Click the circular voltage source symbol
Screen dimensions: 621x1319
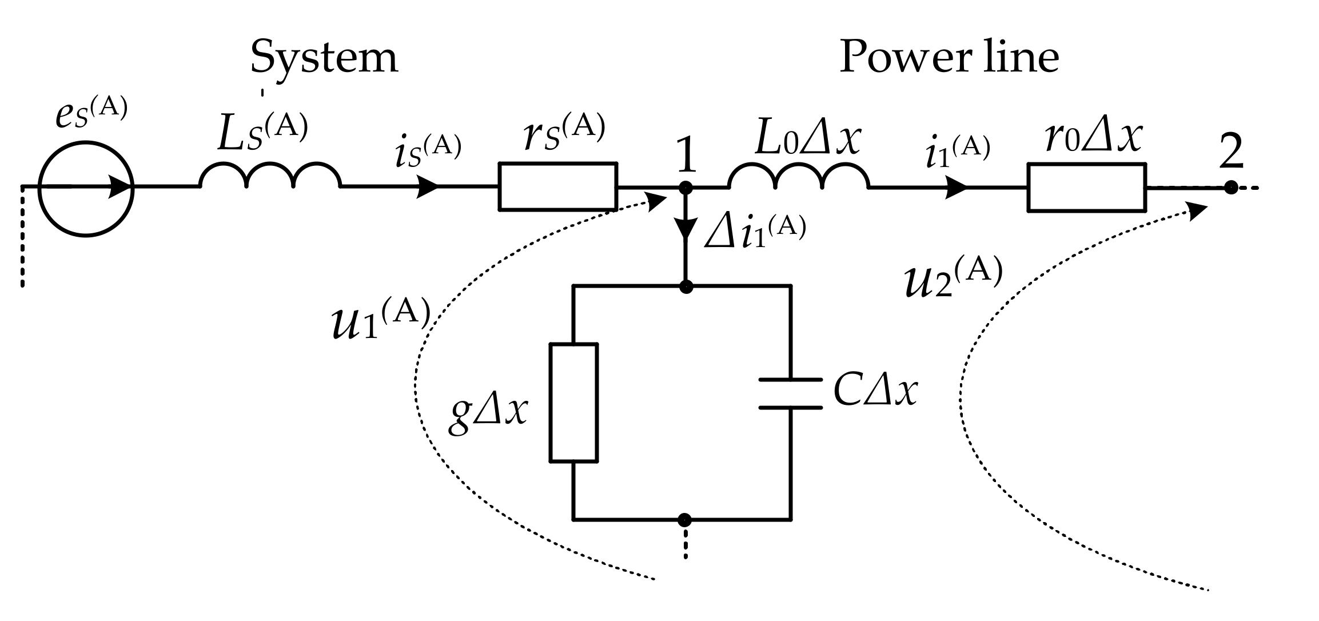[x=86, y=188]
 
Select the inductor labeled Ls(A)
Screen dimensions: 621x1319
[x=270, y=176]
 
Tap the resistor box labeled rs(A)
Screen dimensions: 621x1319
[x=557, y=186]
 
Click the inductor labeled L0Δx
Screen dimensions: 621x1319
[x=799, y=176]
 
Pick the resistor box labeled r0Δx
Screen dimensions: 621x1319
[x=1086, y=188]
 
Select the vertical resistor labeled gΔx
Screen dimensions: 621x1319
[x=573, y=402]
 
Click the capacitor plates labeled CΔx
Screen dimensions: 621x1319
[x=791, y=393]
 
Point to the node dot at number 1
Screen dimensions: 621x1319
[x=686, y=187]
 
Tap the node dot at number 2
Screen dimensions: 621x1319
[x=1231, y=188]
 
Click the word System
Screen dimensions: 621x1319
[x=324, y=57]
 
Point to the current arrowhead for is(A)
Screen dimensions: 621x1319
[x=428, y=186]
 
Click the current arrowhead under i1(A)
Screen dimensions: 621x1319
[x=956, y=187]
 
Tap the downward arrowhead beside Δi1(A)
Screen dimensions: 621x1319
[x=686, y=229]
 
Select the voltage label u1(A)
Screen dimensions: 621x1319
[x=380, y=318]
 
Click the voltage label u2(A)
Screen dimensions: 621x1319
[x=954, y=278]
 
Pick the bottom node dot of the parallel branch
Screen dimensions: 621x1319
[x=684, y=520]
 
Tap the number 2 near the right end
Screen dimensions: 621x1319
[x=1231, y=152]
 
